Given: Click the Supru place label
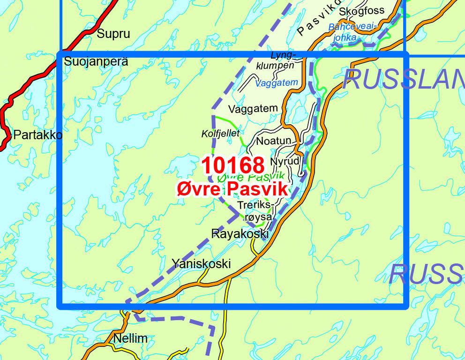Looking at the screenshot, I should [113, 34].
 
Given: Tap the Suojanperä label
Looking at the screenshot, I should [96, 61].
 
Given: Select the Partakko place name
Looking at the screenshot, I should [37, 135].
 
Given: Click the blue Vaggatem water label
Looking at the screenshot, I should [277, 83].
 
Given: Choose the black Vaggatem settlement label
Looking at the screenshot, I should [253, 109].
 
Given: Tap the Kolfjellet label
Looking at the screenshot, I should [220, 134].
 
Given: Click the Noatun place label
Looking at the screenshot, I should [274, 141].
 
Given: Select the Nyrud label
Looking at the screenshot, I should [285, 161].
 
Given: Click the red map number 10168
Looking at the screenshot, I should [233, 165].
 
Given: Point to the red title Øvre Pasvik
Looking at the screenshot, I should [232, 189].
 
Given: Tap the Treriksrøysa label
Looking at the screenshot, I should [255, 211].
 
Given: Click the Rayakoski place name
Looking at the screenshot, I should [240, 233].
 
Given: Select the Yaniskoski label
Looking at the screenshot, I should [201, 263].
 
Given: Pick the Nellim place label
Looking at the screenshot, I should [130, 338].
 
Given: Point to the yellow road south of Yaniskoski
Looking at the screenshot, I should [227, 300].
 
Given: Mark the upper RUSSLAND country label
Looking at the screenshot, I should [403, 80].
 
